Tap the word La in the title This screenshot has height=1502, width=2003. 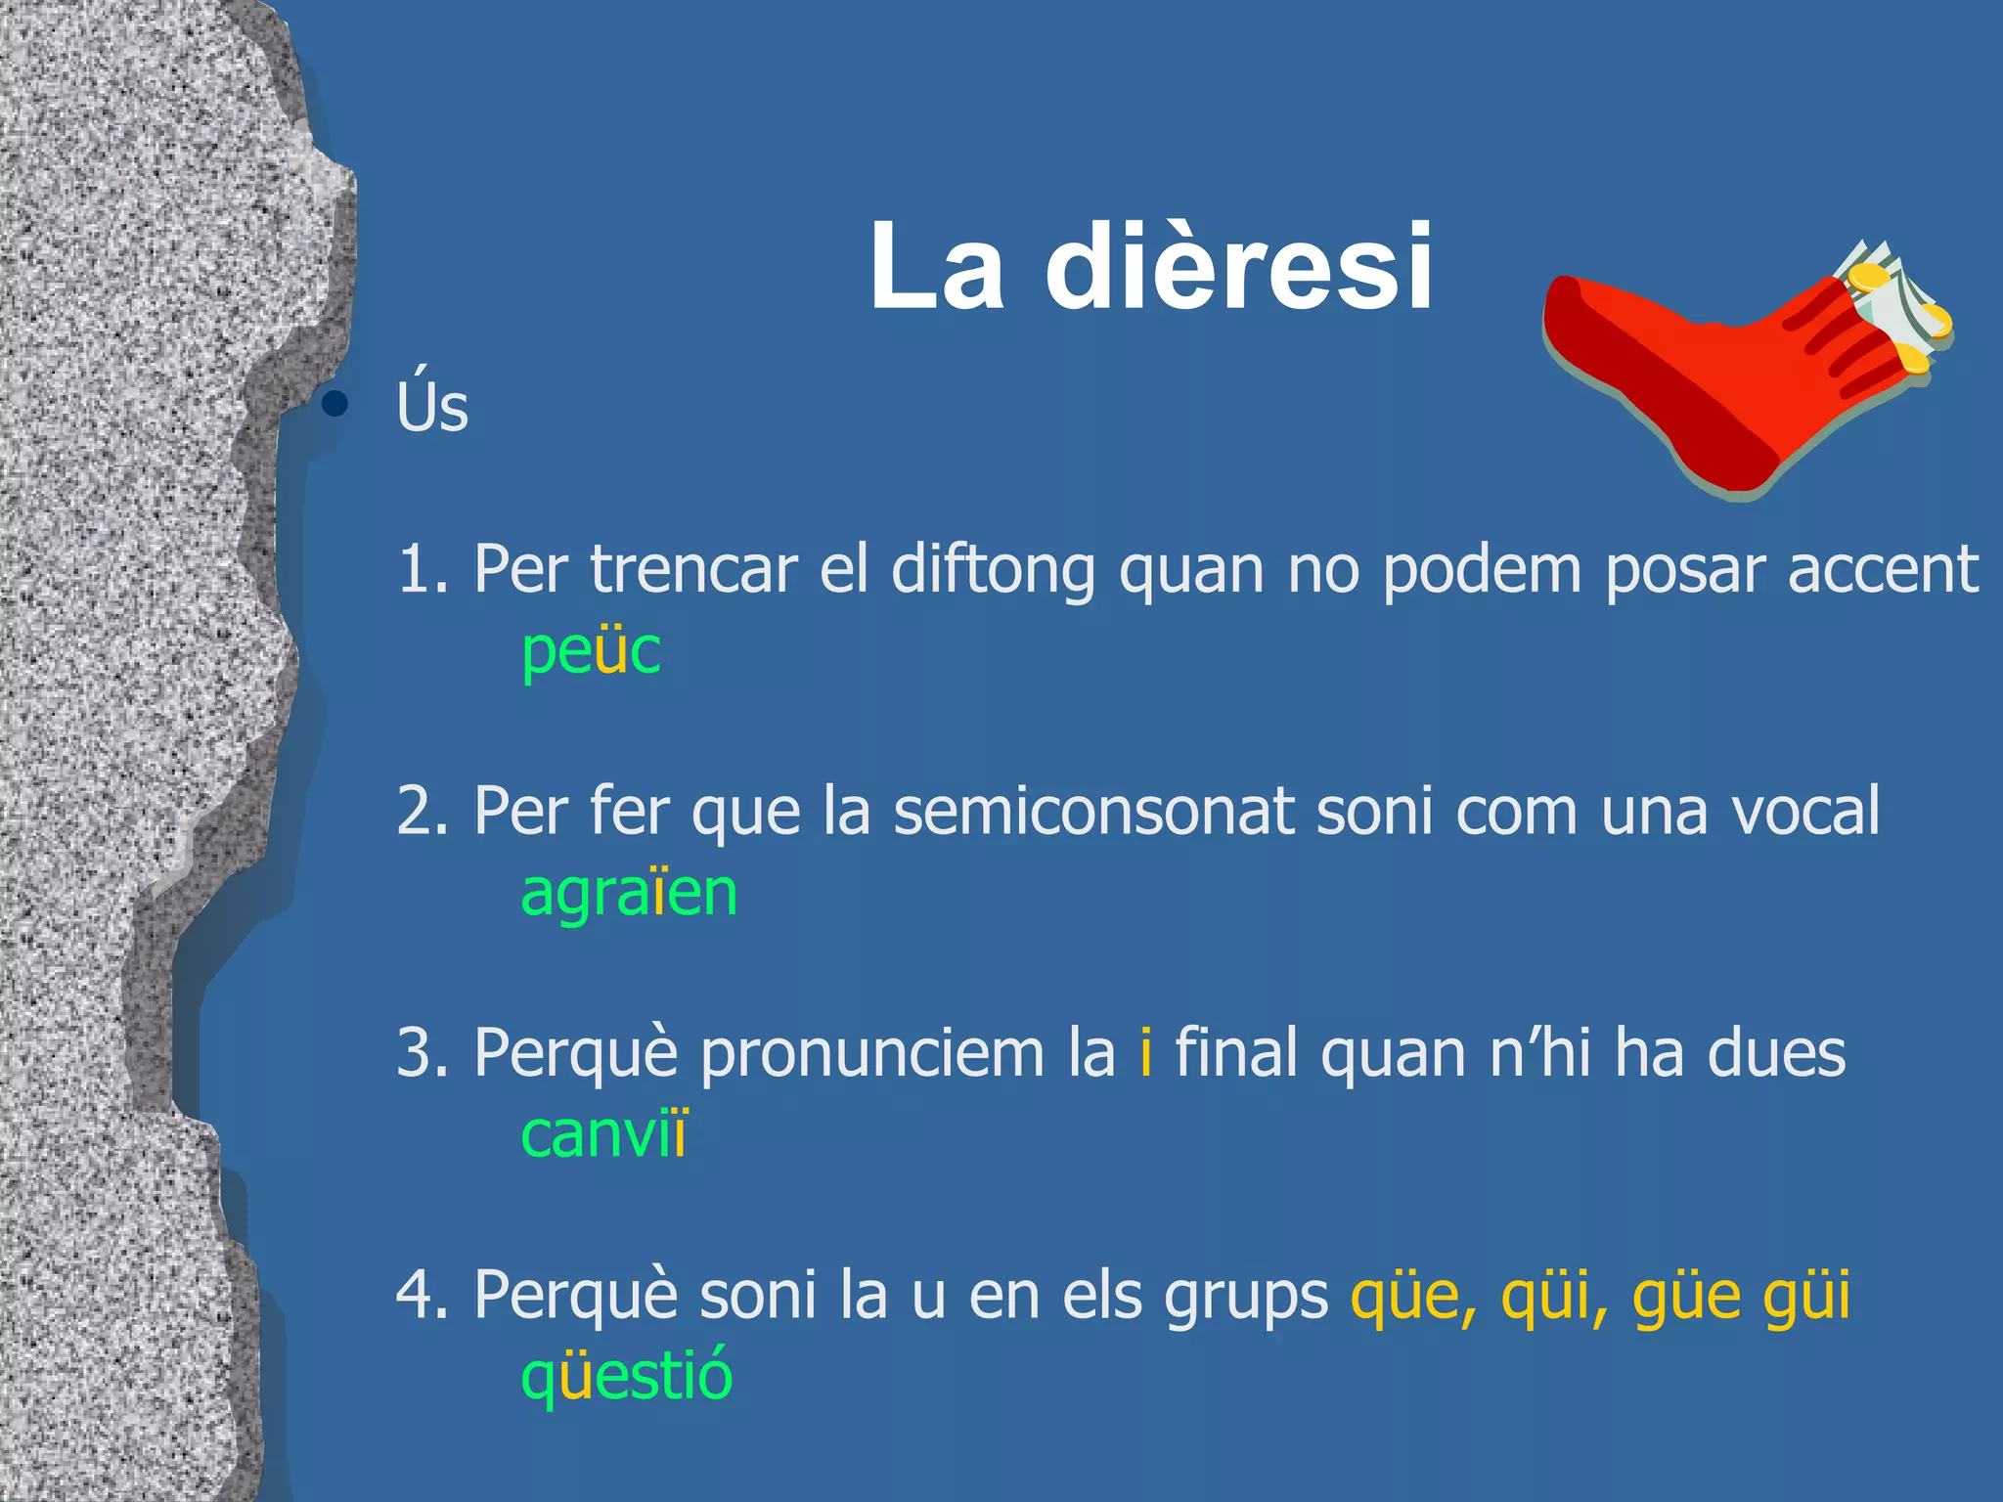(936, 267)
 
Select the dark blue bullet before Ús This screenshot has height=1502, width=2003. (335, 403)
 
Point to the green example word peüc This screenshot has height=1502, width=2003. (591, 650)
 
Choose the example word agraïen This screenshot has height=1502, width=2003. (629, 892)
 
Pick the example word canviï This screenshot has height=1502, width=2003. (604, 1134)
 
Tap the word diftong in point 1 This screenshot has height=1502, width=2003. (993, 569)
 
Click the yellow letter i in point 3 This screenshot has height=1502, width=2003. (1145, 1052)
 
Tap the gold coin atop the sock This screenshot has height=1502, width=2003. (1868, 279)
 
